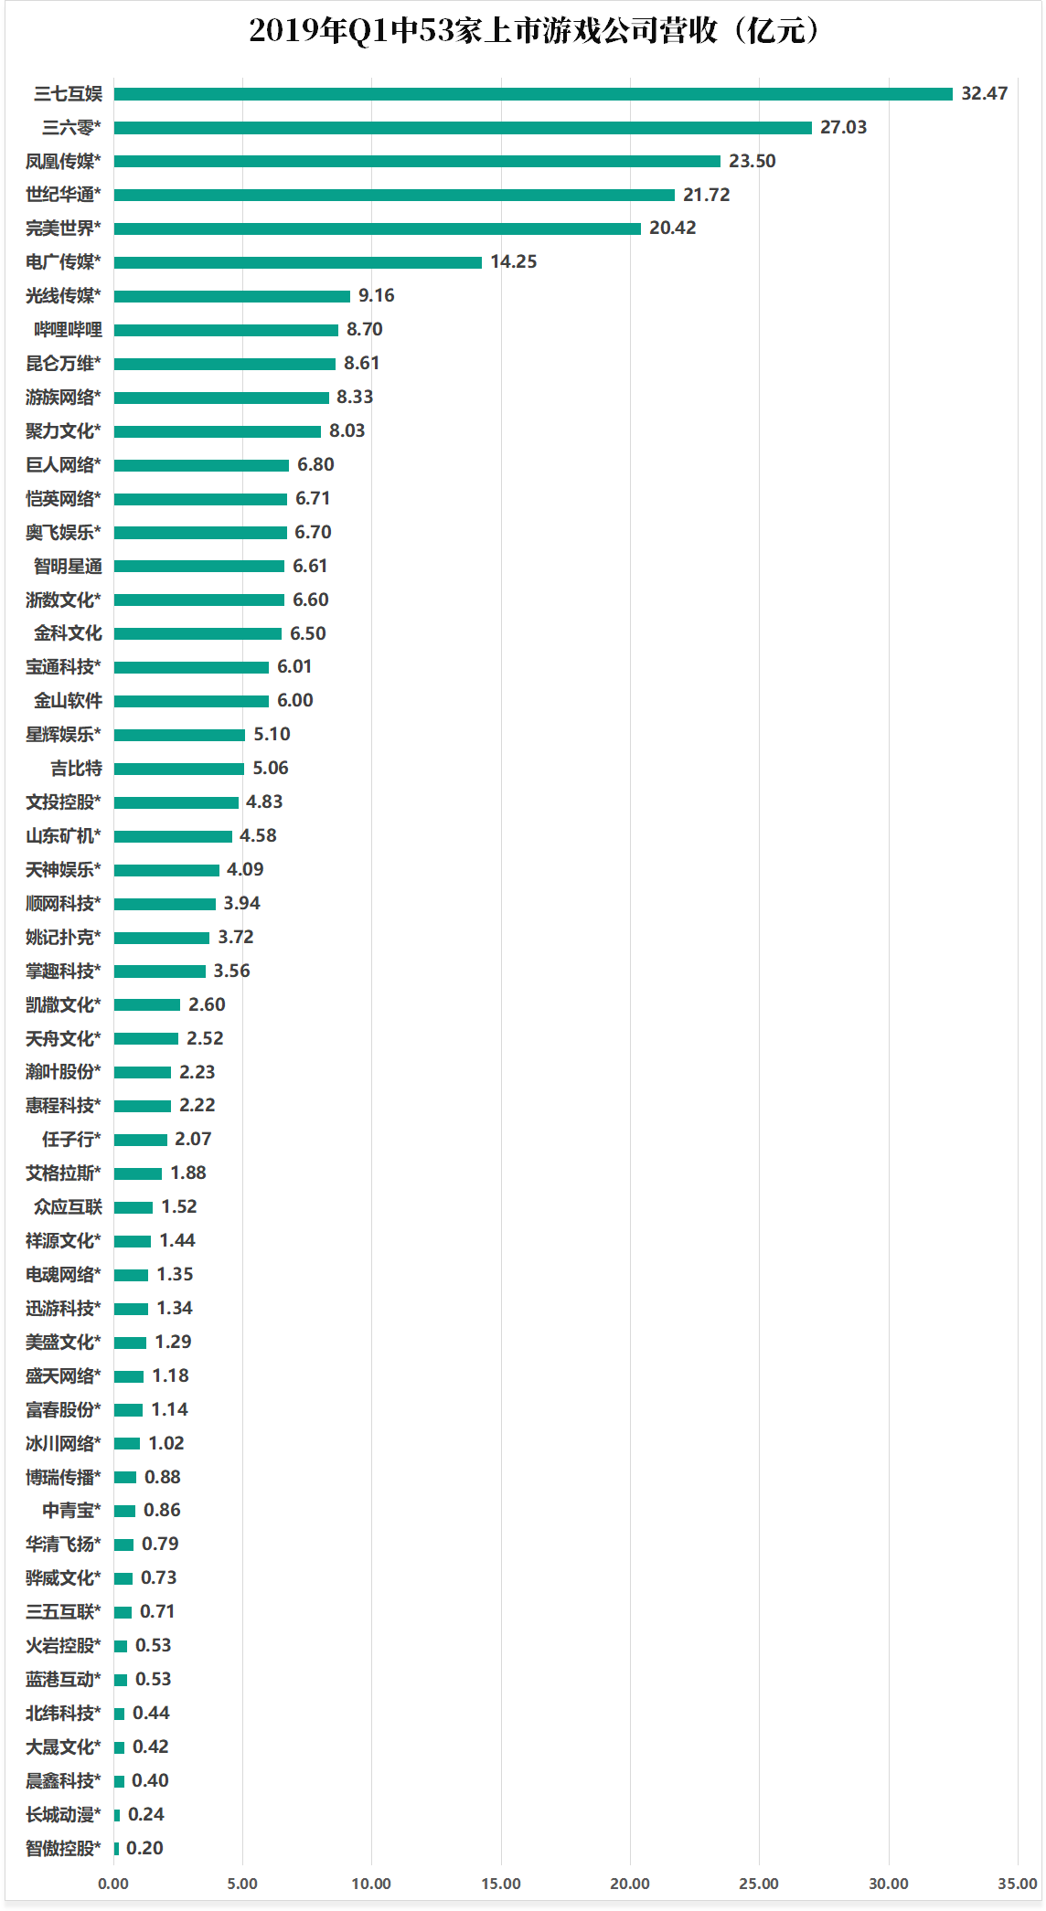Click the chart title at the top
pos(535,31)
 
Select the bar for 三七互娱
pos(533,94)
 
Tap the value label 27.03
pos(843,127)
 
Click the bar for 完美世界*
pos(377,228)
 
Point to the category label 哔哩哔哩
pos(68,329)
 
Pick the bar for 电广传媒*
pos(297,262)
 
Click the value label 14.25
pos(513,261)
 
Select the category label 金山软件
pos(68,701)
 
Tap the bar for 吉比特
pos(179,769)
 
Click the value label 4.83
pos(264,802)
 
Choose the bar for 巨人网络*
pos(201,465)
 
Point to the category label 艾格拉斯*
pos(63,1173)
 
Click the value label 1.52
pos(178,1206)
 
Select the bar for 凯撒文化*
pos(147,1004)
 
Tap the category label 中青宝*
pos(71,1510)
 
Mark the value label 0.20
pos(144,1848)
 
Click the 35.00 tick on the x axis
pos(1017,1883)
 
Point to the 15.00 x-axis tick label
pos(500,1883)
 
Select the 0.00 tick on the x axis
pos(113,1883)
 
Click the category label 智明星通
pos(68,566)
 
